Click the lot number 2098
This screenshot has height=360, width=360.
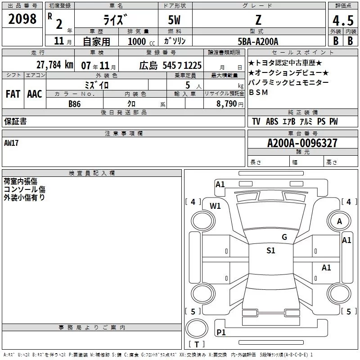click(22, 19)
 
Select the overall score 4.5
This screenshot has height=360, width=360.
click(343, 20)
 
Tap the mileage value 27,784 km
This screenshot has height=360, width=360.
click(54, 65)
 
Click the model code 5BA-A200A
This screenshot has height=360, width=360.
click(258, 41)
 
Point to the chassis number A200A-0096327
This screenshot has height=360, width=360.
click(302, 143)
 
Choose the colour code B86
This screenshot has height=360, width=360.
click(75, 104)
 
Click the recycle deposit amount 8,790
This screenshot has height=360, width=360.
click(226, 103)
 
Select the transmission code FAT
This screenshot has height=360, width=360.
click(13, 94)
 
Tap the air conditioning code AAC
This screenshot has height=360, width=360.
click(35, 94)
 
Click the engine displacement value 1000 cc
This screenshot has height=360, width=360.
click(141, 41)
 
